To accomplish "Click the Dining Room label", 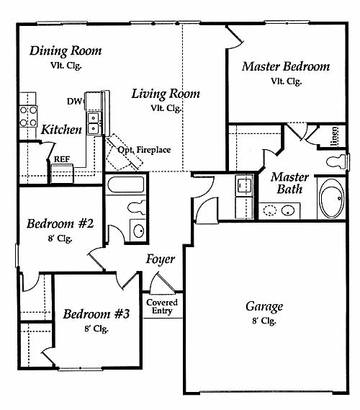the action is (x=66, y=51).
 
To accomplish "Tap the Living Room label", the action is (x=166, y=94).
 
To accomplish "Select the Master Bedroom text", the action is (x=286, y=66).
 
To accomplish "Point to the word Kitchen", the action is (x=62, y=130).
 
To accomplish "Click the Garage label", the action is (x=264, y=306).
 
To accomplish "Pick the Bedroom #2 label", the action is (x=60, y=224).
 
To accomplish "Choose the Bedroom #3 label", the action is (x=96, y=313).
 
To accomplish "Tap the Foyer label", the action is (x=160, y=259).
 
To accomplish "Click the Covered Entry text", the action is (x=162, y=307).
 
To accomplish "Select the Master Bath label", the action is (x=289, y=183).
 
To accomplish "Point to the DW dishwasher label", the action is (x=75, y=102).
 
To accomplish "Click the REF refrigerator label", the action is (x=62, y=159).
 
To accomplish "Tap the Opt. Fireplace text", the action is (x=144, y=150).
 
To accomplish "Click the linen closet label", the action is (x=334, y=136).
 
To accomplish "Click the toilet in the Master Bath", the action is (x=338, y=161).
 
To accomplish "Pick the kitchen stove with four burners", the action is (x=28, y=116).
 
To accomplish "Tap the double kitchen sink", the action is (x=94, y=123).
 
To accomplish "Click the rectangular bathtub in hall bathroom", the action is (x=126, y=185).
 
